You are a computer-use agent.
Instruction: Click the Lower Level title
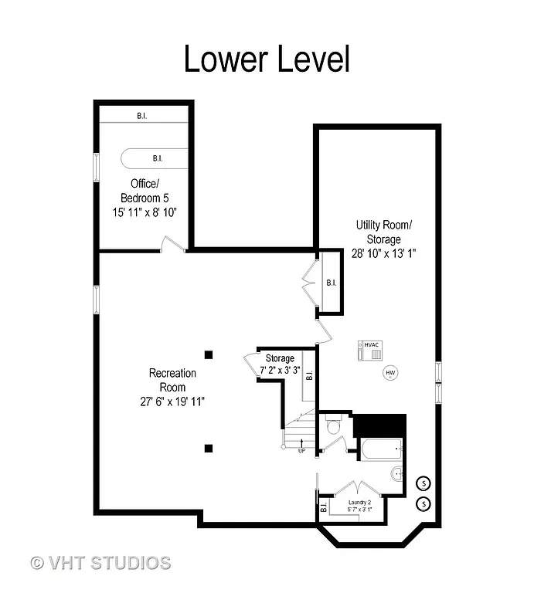[x=267, y=59]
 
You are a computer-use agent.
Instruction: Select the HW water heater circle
[x=390, y=373]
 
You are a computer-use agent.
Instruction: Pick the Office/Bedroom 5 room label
[x=144, y=190]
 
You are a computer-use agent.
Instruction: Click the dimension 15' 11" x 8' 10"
[x=144, y=212]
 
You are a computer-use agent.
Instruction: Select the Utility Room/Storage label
[x=383, y=232]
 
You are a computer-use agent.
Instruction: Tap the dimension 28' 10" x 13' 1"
[x=383, y=253]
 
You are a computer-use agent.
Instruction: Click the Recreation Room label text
[x=172, y=379]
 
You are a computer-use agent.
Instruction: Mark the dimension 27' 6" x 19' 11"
[x=172, y=401]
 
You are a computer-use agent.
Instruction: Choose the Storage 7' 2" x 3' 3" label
[x=280, y=364]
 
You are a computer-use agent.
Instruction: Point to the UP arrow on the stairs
[x=301, y=445]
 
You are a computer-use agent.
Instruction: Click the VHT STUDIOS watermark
[x=100, y=562]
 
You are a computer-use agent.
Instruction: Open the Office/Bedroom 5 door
[x=172, y=244]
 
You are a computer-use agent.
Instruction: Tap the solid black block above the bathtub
[x=379, y=425]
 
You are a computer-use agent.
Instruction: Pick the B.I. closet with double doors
[x=330, y=283]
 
